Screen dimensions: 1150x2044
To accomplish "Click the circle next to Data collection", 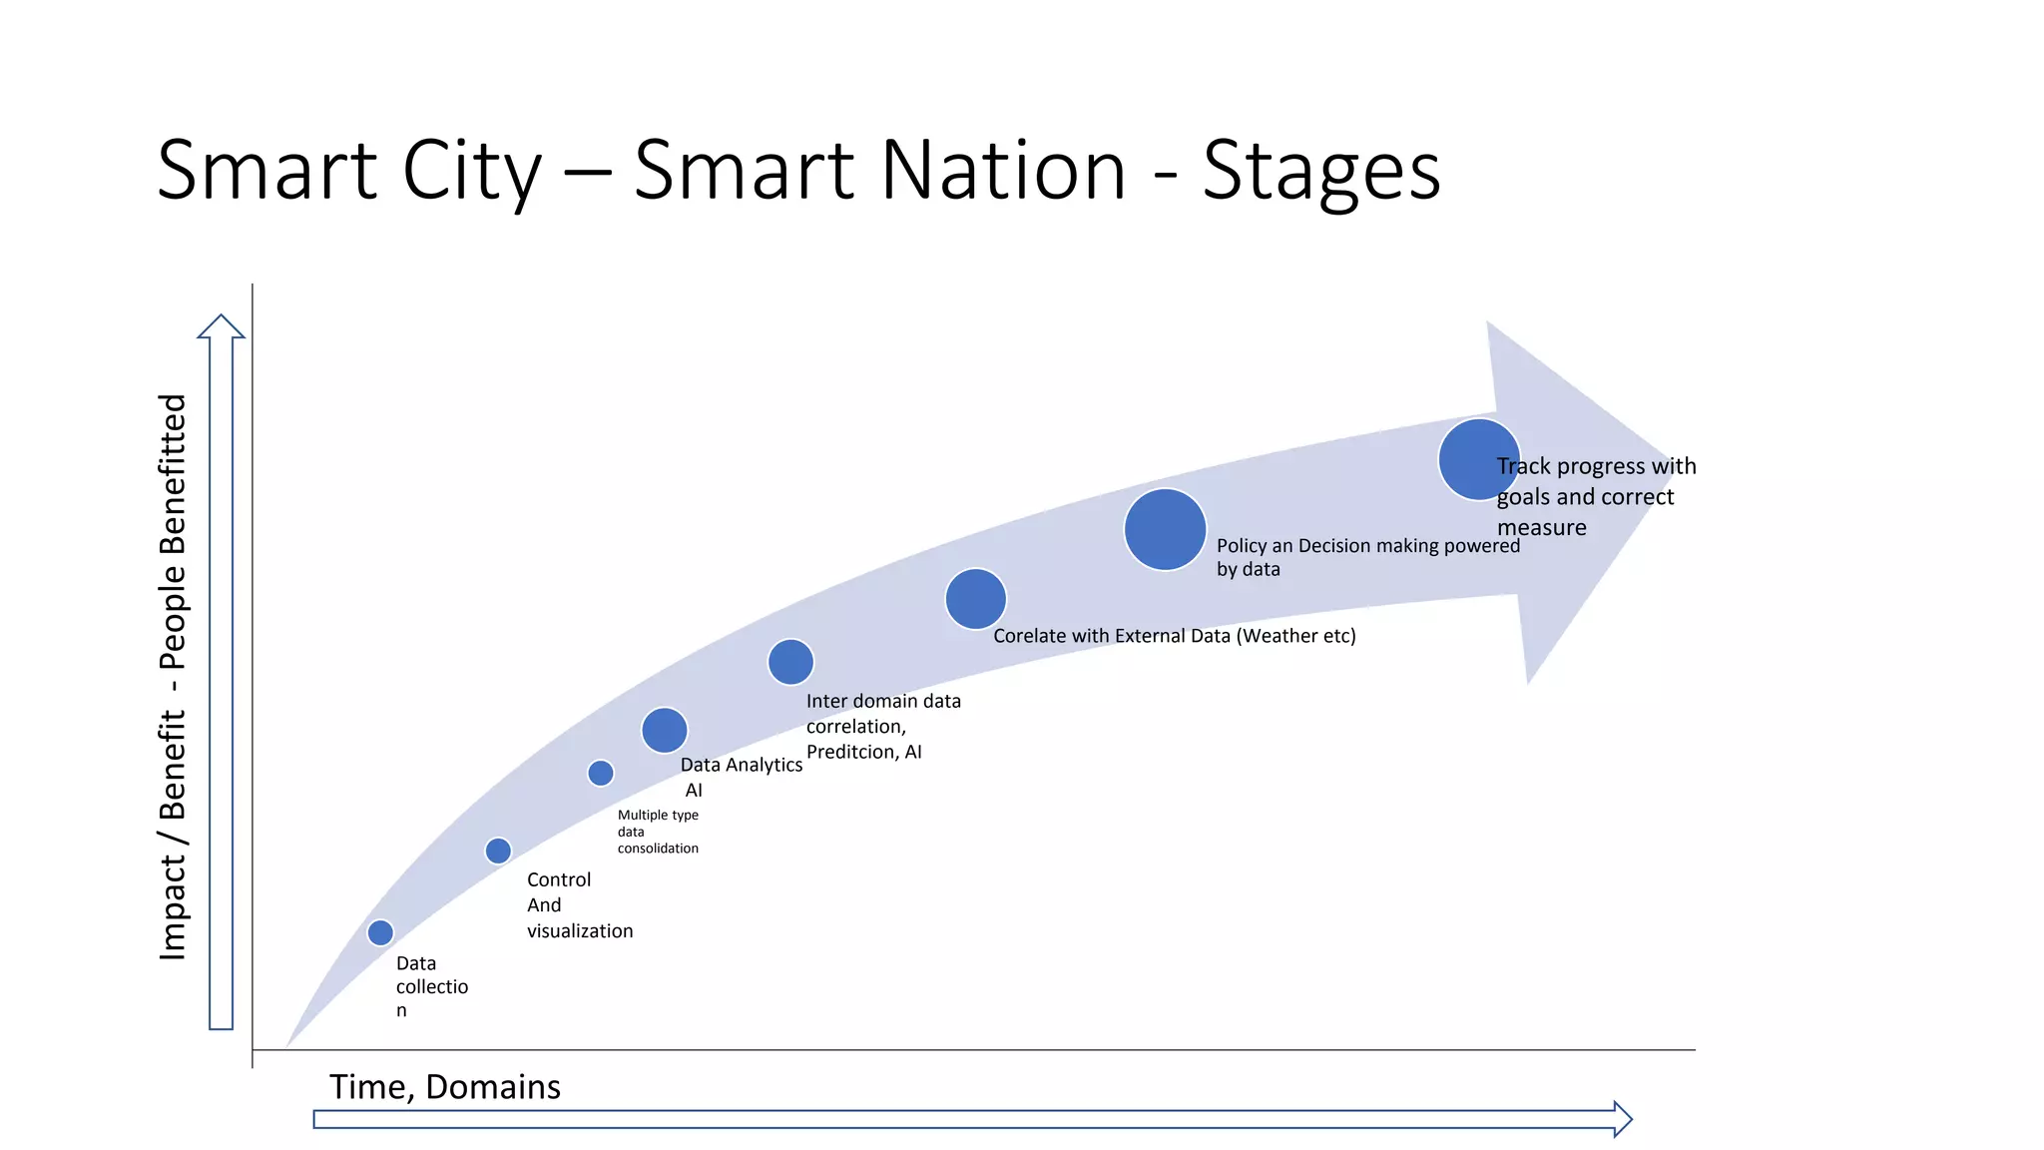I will (x=380, y=932).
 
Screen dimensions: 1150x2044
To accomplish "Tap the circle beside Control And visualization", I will (x=498, y=851).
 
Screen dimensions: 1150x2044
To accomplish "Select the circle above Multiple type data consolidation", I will (x=601, y=773).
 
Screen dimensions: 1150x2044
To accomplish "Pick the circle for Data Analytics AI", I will (x=665, y=730).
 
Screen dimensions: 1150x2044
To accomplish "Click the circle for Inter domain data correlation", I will (x=790, y=662).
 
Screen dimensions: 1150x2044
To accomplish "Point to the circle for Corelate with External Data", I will (x=975, y=599).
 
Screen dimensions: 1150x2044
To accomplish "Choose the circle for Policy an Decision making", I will (x=1165, y=529).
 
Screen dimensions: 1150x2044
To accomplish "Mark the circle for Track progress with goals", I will (x=1478, y=459).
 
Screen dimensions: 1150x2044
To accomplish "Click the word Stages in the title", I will (x=1321, y=171).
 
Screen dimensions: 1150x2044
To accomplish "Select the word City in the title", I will (x=471, y=171).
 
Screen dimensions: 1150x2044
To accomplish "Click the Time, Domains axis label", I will (x=445, y=1086).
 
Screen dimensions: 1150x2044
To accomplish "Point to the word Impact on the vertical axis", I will (x=173, y=907).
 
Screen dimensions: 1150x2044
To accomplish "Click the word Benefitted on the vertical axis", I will (x=173, y=475).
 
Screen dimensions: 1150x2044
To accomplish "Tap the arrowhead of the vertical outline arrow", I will (x=221, y=327).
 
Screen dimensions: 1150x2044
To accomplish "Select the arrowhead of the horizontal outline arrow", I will (x=1622, y=1119).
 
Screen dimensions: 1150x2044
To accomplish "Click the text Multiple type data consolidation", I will (x=658, y=832).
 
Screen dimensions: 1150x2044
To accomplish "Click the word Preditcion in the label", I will (x=850, y=752).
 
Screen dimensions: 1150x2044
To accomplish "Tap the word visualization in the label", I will (x=580, y=930).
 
